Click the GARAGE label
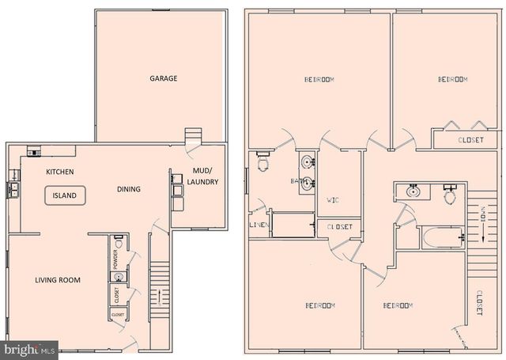pos(164,78)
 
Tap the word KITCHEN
pos(60,172)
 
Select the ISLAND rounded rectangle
pos(65,195)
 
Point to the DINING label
pos(129,189)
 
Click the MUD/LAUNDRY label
pos(205,176)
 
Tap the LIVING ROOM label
pos(58,280)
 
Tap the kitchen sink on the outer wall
pos(14,189)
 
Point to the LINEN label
pos(259,225)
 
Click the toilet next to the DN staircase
pos(451,195)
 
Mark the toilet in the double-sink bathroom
pos(264,165)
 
